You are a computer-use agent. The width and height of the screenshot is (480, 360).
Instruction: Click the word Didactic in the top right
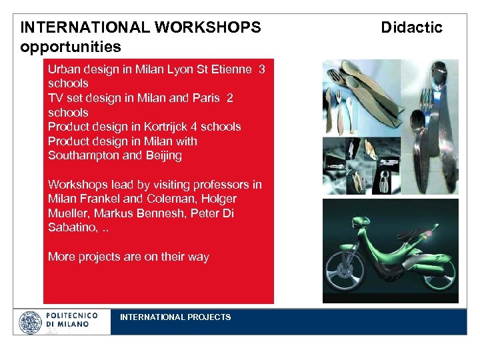411,27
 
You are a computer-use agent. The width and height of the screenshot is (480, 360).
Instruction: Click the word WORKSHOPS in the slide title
207,27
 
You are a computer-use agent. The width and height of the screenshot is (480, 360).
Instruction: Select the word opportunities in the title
71,47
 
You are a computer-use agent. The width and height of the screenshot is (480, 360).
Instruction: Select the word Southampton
81,155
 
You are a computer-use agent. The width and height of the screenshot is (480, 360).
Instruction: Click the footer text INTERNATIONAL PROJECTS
175,317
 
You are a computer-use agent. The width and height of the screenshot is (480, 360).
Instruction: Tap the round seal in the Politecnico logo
30,323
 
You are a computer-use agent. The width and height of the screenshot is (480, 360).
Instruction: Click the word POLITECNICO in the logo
72,315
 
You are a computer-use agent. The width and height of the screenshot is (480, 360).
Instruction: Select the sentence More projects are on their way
128,257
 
